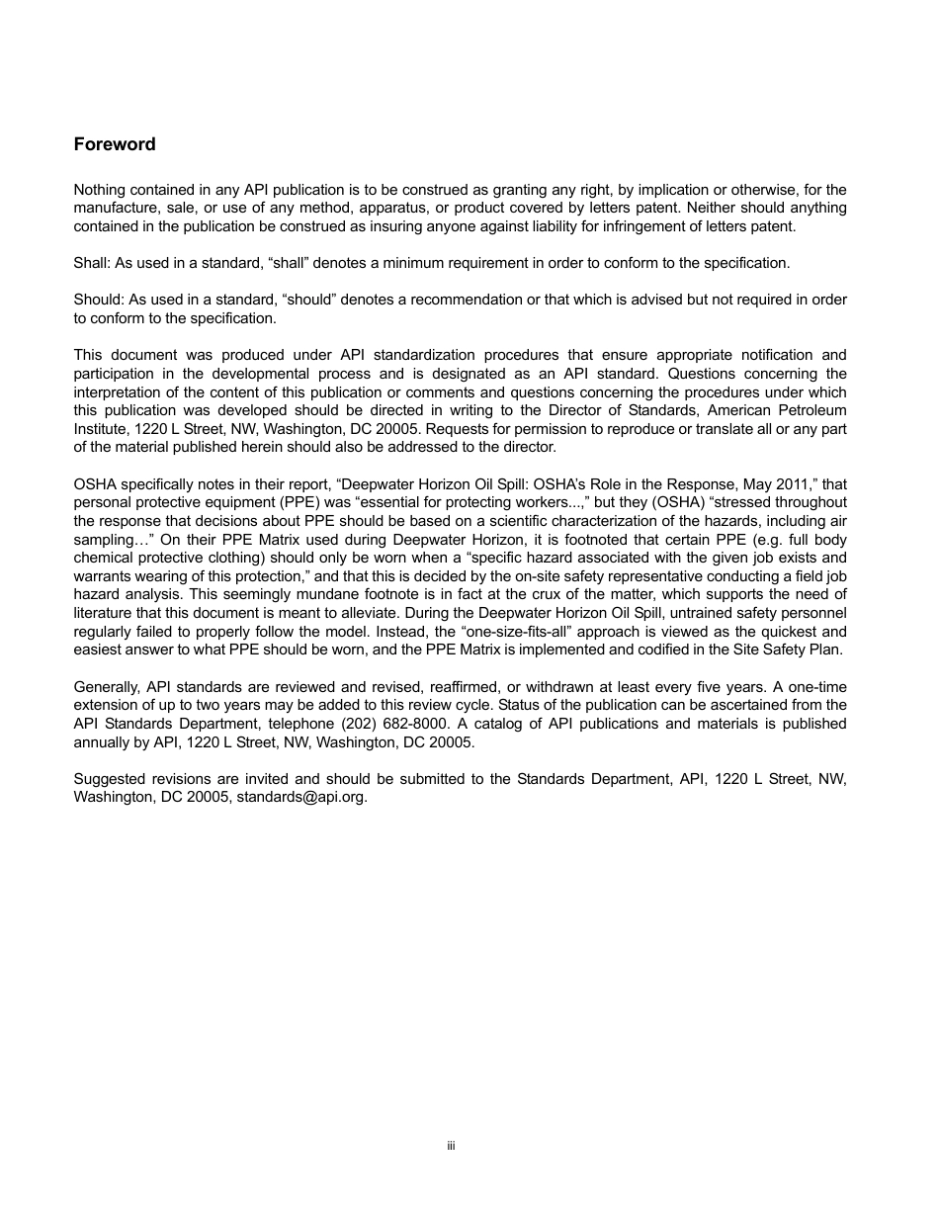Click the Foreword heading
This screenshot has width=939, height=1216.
115,144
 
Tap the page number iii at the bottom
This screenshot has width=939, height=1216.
450,1146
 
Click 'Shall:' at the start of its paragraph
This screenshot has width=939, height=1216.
91,263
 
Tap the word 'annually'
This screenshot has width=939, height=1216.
101,742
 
